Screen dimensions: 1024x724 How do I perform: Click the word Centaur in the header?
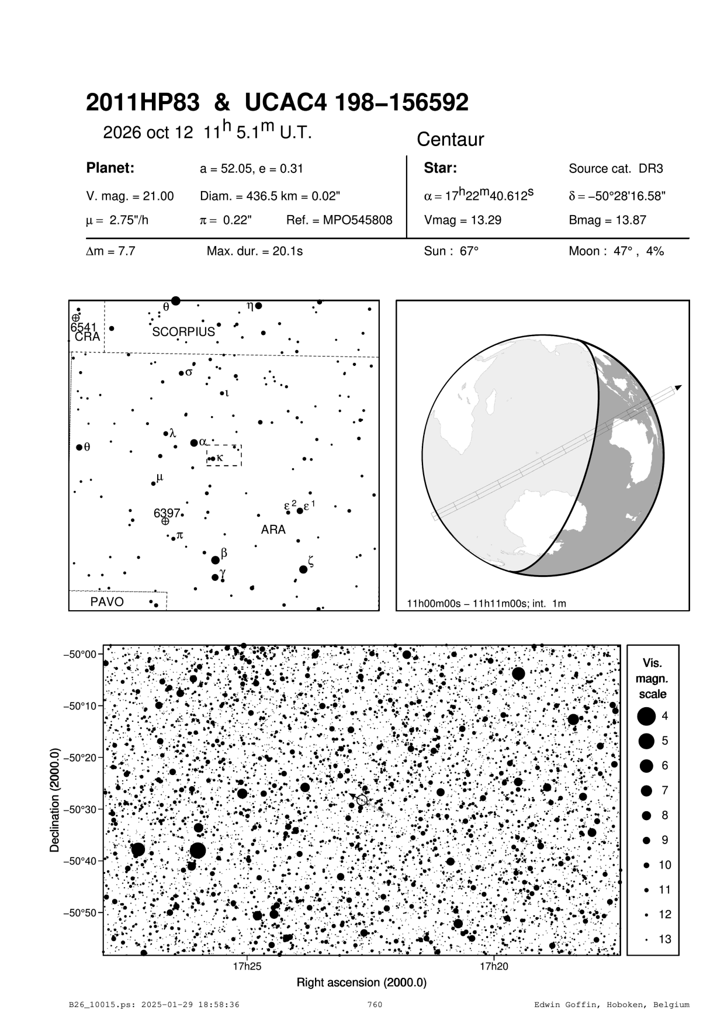(x=450, y=140)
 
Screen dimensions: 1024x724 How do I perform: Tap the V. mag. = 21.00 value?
(x=130, y=196)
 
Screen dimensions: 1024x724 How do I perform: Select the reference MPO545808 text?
(x=340, y=220)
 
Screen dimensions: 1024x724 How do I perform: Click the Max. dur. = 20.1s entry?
(x=254, y=252)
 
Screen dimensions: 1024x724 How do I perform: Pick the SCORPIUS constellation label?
(x=183, y=332)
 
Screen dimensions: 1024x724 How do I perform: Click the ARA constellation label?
(x=273, y=530)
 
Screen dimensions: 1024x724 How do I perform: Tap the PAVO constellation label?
(x=107, y=601)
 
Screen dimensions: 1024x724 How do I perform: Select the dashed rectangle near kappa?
(x=224, y=455)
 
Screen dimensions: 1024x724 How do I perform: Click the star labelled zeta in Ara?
(x=303, y=569)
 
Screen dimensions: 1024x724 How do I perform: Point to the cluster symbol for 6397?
(x=165, y=521)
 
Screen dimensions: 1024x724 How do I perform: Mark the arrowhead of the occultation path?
(x=678, y=387)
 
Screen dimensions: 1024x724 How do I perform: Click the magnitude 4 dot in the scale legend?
(x=646, y=716)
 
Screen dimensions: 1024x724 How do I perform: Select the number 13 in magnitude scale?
(x=665, y=939)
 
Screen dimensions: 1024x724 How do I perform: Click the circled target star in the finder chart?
(x=362, y=800)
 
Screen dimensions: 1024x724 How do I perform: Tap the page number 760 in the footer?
(x=375, y=1005)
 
